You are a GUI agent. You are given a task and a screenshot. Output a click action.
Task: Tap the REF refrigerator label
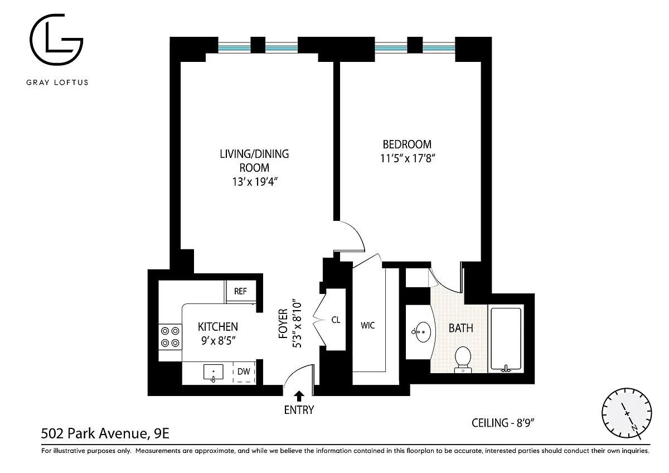pyautogui.click(x=240, y=291)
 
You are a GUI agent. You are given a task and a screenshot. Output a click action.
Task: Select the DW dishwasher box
pyautogui.click(x=244, y=371)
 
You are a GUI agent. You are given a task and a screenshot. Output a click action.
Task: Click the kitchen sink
pyautogui.click(x=213, y=373)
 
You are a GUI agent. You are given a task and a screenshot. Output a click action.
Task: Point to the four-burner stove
pyautogui.click(x=170, y=337)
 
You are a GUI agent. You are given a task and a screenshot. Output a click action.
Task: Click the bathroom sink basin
pyautogui.click(x=421, y=332)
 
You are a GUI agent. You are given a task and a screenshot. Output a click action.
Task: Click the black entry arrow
pyautogui.click(x=299, y=396)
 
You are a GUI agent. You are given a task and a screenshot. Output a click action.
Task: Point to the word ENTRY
pyautogui.click(x=299, y=411)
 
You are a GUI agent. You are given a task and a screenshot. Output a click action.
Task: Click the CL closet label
pyautogui.click(x=336, y=320)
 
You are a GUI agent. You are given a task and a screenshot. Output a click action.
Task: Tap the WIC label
pyautogui.click(x=367, y=325)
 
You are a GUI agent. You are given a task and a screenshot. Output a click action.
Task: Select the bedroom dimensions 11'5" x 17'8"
pyautogui.click(x=408, y=158)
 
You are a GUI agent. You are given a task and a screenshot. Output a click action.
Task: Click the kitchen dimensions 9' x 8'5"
pyautogui.click(x=219, y=341)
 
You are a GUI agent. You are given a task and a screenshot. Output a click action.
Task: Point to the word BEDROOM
pyautogui.click(x=407, y=144)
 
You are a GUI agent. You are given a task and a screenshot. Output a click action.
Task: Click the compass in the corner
pyautogui.click(x=627, y=413)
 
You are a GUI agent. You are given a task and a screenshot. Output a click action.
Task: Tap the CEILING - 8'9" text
pyautogui.click(x=503, y=423)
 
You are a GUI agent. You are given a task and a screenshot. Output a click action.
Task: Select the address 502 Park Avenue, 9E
pyautogui.click(x=105, y=433)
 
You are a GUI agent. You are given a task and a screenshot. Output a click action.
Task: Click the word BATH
pyautogui.click(x=461, y=329)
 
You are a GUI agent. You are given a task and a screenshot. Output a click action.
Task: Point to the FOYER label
pyautogui.click(x=283, y=324)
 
